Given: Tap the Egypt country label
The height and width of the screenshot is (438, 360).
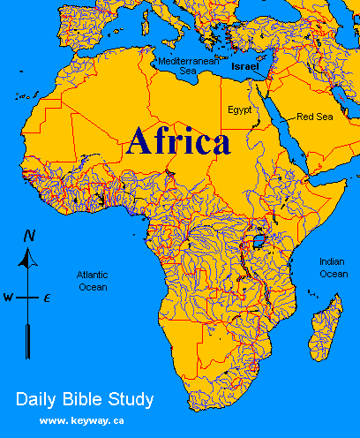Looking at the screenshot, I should coord(239,109).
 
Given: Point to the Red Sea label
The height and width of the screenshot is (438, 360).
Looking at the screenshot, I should coord(314,117).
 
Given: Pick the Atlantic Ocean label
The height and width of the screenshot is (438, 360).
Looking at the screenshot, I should coord(92,281).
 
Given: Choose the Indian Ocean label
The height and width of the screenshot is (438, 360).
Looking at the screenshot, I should coord(334,268).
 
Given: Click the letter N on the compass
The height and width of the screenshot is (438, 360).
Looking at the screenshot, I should coord(30,236).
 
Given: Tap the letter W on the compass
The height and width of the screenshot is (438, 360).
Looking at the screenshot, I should coord(8,298).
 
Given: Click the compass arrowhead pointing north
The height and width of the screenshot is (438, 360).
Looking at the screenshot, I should coord(30,256).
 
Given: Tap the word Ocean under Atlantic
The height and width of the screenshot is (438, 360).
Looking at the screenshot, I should coord(92,287).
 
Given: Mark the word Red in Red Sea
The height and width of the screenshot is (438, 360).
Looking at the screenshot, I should coord(304,117).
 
